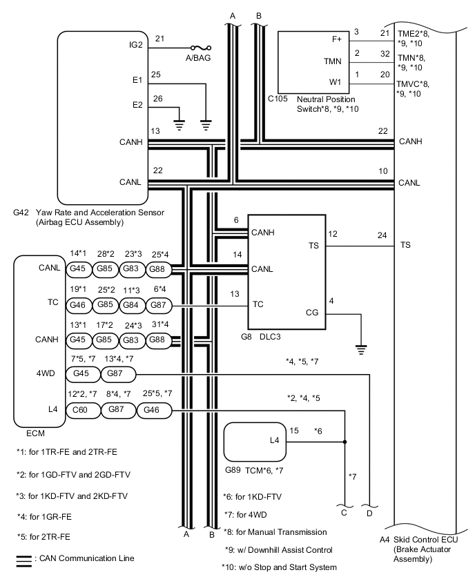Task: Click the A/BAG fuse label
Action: pyautogui.click(x=197, y=58)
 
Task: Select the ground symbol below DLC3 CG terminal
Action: pyautogui.click(x=360, y=348)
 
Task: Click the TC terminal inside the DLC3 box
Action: pyautogui.click(x=258, y=303)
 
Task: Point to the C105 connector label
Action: pyautogui.click(x=278, y=99)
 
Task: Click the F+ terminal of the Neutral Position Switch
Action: pyautogui.click(x=336, y=39)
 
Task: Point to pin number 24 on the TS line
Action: pyautogui.click(x=382, y=235)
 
